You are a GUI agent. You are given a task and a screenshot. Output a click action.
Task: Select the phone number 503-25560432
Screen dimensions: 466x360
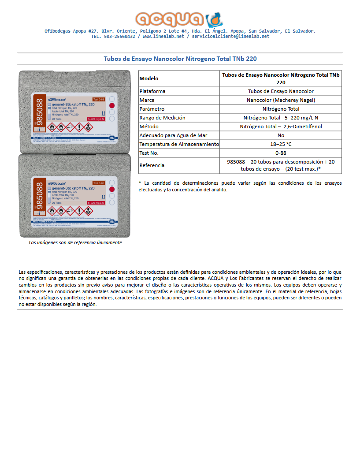coord(119,37)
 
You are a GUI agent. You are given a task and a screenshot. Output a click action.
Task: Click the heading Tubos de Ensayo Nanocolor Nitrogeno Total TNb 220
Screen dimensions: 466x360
coord(180,59)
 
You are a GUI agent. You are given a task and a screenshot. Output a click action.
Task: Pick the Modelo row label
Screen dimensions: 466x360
coord(149,78)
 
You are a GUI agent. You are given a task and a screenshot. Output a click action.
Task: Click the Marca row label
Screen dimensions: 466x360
coord(148,100)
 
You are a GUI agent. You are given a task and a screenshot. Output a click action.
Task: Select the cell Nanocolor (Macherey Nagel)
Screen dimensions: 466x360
coord(281,100)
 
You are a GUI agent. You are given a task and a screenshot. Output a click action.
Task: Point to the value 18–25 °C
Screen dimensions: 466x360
coord(281,144)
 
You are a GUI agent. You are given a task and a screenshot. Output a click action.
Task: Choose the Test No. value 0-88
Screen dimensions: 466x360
coord(281,153)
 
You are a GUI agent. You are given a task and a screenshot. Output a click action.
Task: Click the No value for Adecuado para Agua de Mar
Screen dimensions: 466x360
coord(281,135)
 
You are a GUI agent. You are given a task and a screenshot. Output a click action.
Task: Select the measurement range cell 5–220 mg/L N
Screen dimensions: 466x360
coord(281,118)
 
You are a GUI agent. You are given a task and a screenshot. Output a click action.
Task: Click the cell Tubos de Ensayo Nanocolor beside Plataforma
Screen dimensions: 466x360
coord(281,91)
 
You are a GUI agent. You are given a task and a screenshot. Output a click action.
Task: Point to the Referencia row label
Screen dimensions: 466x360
coord(152,165)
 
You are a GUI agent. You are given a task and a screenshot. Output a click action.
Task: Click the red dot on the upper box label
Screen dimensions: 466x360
coord(112,105)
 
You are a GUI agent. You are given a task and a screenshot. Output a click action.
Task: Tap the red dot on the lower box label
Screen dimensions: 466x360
coord(112,189)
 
